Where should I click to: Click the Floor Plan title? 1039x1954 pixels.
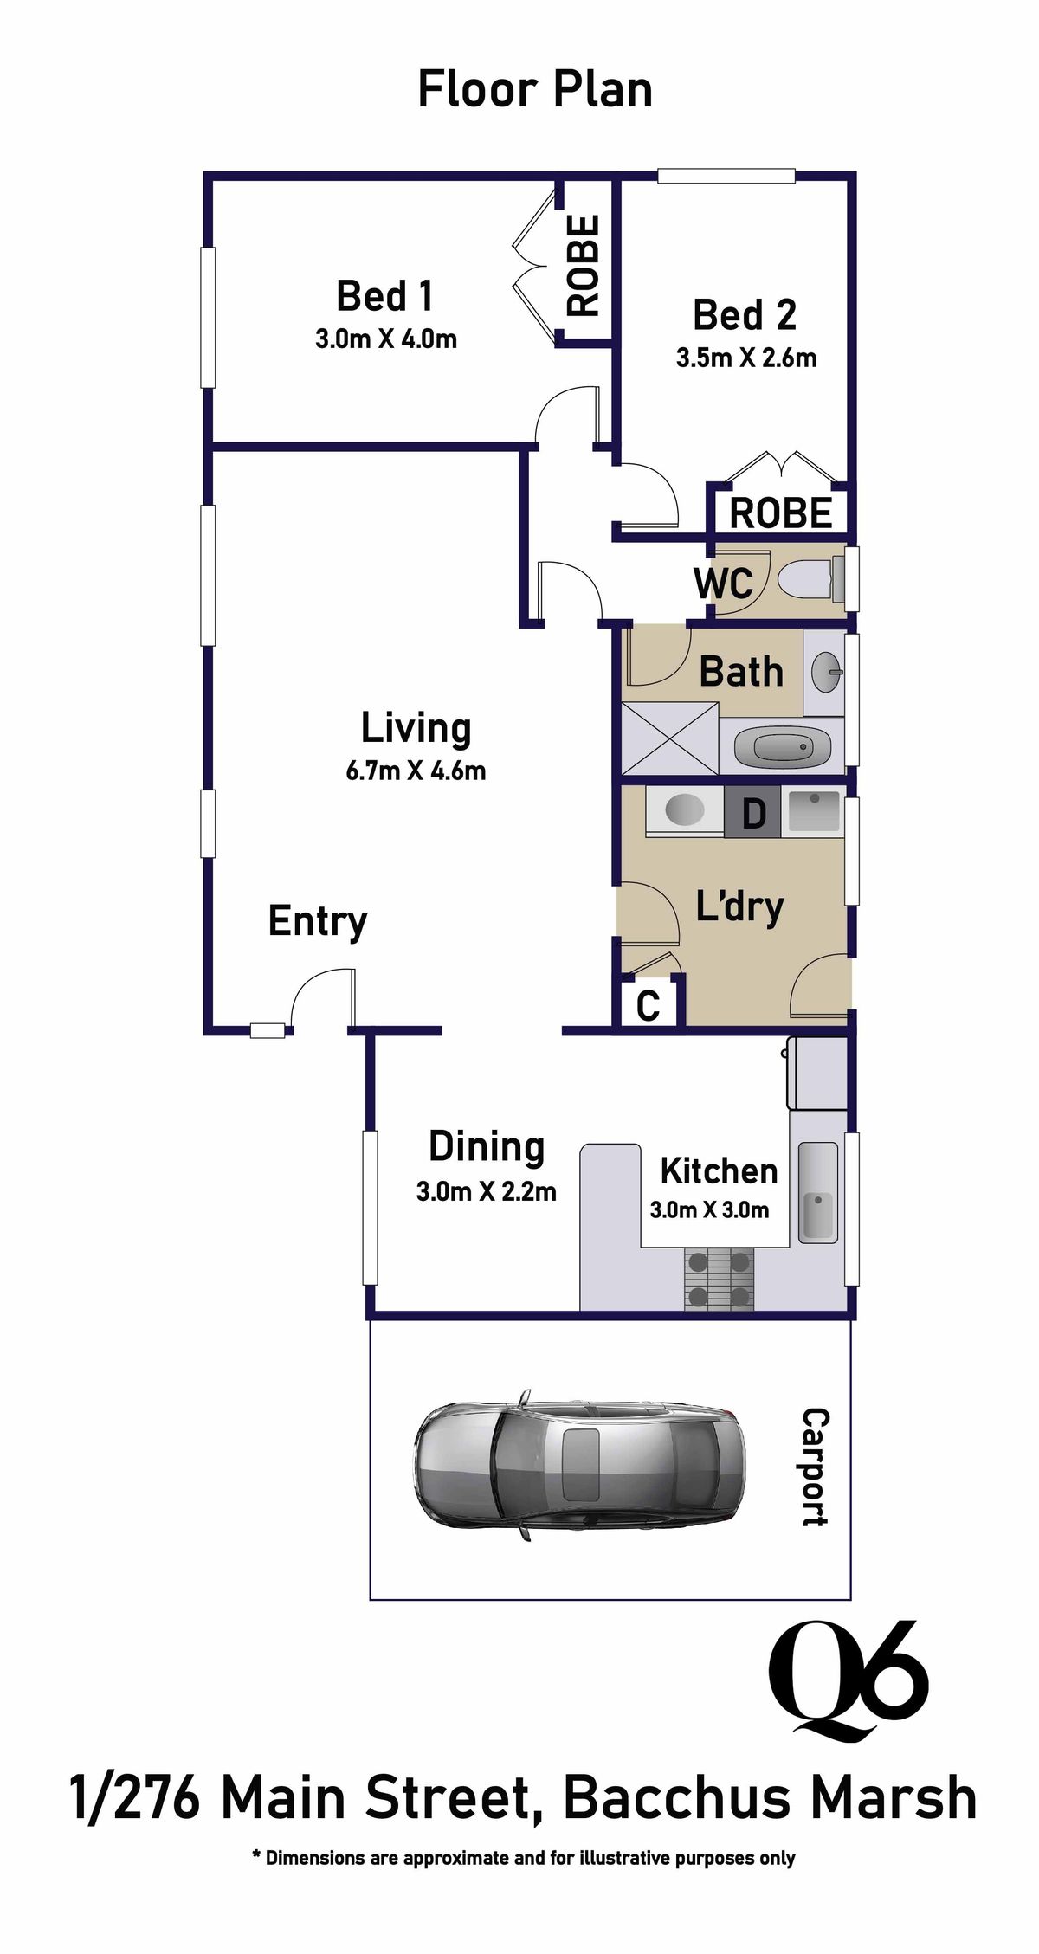(534, 91)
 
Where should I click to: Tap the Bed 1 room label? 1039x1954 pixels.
(384, 296)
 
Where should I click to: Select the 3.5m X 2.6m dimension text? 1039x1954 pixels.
(746, 358)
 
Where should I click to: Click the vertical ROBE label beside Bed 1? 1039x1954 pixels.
(583, 265)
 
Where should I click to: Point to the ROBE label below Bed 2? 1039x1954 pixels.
(780, 513)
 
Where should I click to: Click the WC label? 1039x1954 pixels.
(723, 584)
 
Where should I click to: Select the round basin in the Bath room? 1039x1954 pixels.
(825, 673)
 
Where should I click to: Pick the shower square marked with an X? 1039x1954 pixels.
(670, 738)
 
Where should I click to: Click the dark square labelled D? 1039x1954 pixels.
(753, 814)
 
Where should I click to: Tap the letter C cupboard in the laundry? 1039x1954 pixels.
(649, 1005)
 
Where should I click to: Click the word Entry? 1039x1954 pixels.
(317, 920)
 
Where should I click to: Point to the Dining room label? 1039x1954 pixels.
(487, 1146)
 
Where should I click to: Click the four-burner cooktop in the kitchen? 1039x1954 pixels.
(718, 1279)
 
